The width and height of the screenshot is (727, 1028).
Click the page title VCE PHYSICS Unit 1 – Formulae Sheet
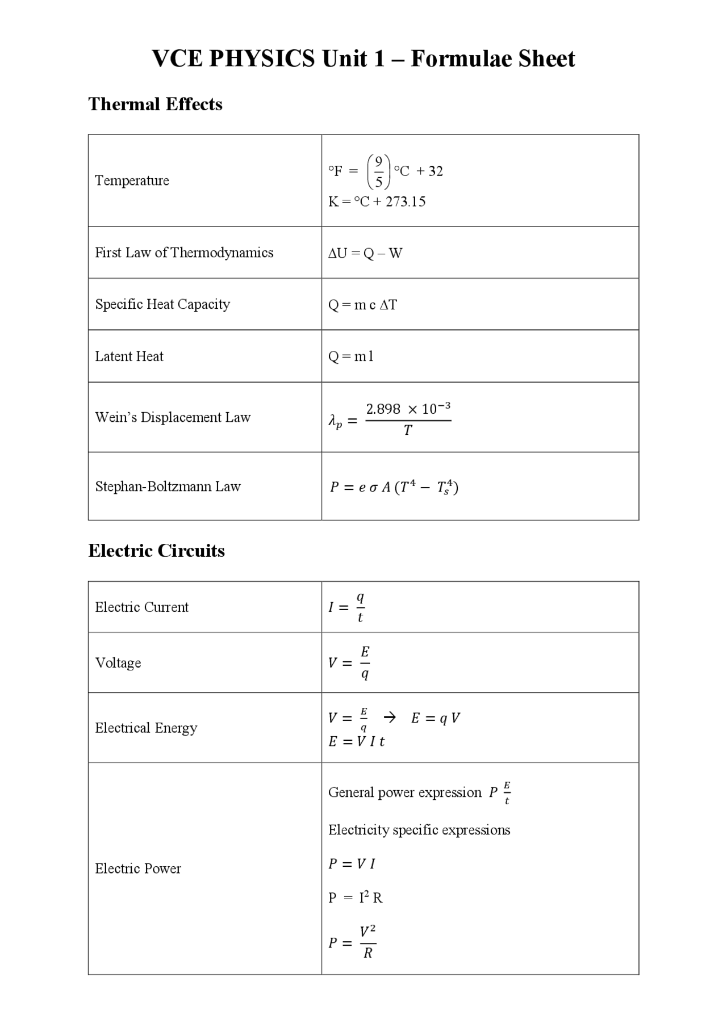tap(363, 58)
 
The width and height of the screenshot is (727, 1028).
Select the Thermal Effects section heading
tap(155, 104)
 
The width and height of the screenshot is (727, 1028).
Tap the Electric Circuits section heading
tap(156, 551)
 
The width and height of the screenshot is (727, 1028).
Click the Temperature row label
tap(132, 181)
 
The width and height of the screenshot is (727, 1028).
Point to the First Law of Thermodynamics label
tap(184, 253)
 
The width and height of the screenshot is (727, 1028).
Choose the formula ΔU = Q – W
tap(365, 253)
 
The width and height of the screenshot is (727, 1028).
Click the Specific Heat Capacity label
tap(162, 304)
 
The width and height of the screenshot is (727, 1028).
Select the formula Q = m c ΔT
tap(362, 305)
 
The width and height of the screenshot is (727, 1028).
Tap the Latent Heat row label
tap(129, 356)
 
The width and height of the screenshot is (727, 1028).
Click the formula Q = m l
tap(351, 356)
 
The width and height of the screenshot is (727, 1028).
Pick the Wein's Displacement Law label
tap(173, 417)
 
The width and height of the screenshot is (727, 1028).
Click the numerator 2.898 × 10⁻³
tap(408, 409)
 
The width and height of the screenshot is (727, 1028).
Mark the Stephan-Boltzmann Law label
tap(168, 486)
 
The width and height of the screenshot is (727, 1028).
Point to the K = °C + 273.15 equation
tap(377, 202)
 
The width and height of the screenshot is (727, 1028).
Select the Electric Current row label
tap(141, 607)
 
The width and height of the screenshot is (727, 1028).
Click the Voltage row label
tap(118, 663)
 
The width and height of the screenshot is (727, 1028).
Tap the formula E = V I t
tap(356, 741)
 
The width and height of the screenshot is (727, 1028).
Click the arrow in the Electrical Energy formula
tap(390, 717)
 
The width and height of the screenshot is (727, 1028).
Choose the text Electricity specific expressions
tap(419, 830)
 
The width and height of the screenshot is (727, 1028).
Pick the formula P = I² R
tap(356, 897)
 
